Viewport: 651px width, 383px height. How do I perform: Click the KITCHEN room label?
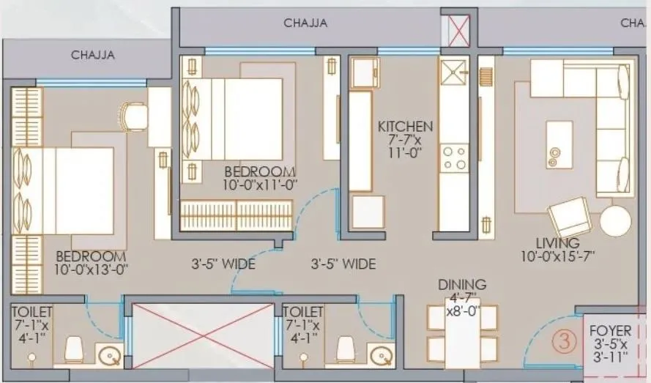tap(405, 126)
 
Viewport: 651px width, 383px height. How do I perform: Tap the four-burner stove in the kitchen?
tap(454, 157)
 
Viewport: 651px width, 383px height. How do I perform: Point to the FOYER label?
tap(610, 331)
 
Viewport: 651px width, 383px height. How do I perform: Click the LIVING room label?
tap(557, 243)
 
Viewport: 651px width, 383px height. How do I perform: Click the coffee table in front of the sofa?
tap(559, 144)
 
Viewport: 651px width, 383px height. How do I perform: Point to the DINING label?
tap(462, 284)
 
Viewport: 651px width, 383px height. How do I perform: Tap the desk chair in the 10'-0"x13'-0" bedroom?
tap(134, 116)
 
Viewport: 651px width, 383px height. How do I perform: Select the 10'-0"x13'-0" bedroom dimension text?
tap(91, 270)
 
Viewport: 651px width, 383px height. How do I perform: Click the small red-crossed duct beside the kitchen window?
tap(458, 33)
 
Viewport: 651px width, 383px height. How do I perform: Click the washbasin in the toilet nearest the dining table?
tap(382, 356)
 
